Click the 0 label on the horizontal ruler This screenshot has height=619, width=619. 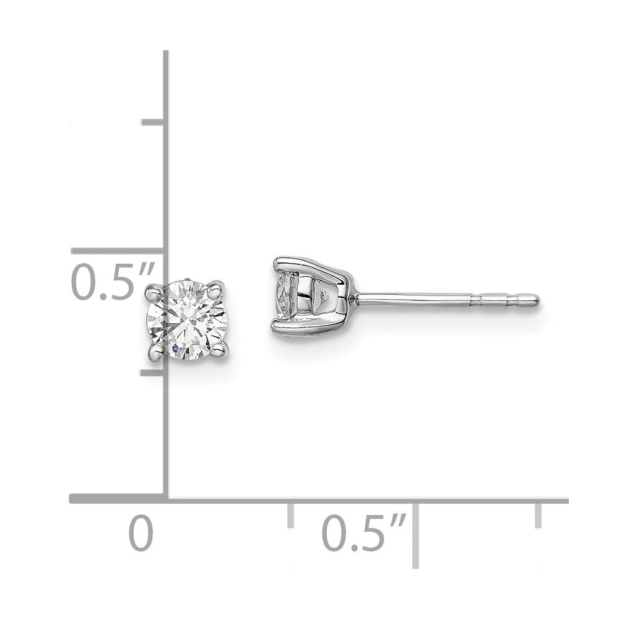[142, 534]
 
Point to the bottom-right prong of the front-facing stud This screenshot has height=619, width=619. [218, 353]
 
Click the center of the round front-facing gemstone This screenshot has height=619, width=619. [185, 321]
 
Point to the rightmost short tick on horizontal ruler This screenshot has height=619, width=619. [539, 515]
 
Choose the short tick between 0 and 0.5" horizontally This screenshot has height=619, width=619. [290, 515]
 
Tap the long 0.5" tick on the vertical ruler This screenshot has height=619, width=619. [118, 251]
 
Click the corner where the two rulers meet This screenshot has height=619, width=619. [166, 498]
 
